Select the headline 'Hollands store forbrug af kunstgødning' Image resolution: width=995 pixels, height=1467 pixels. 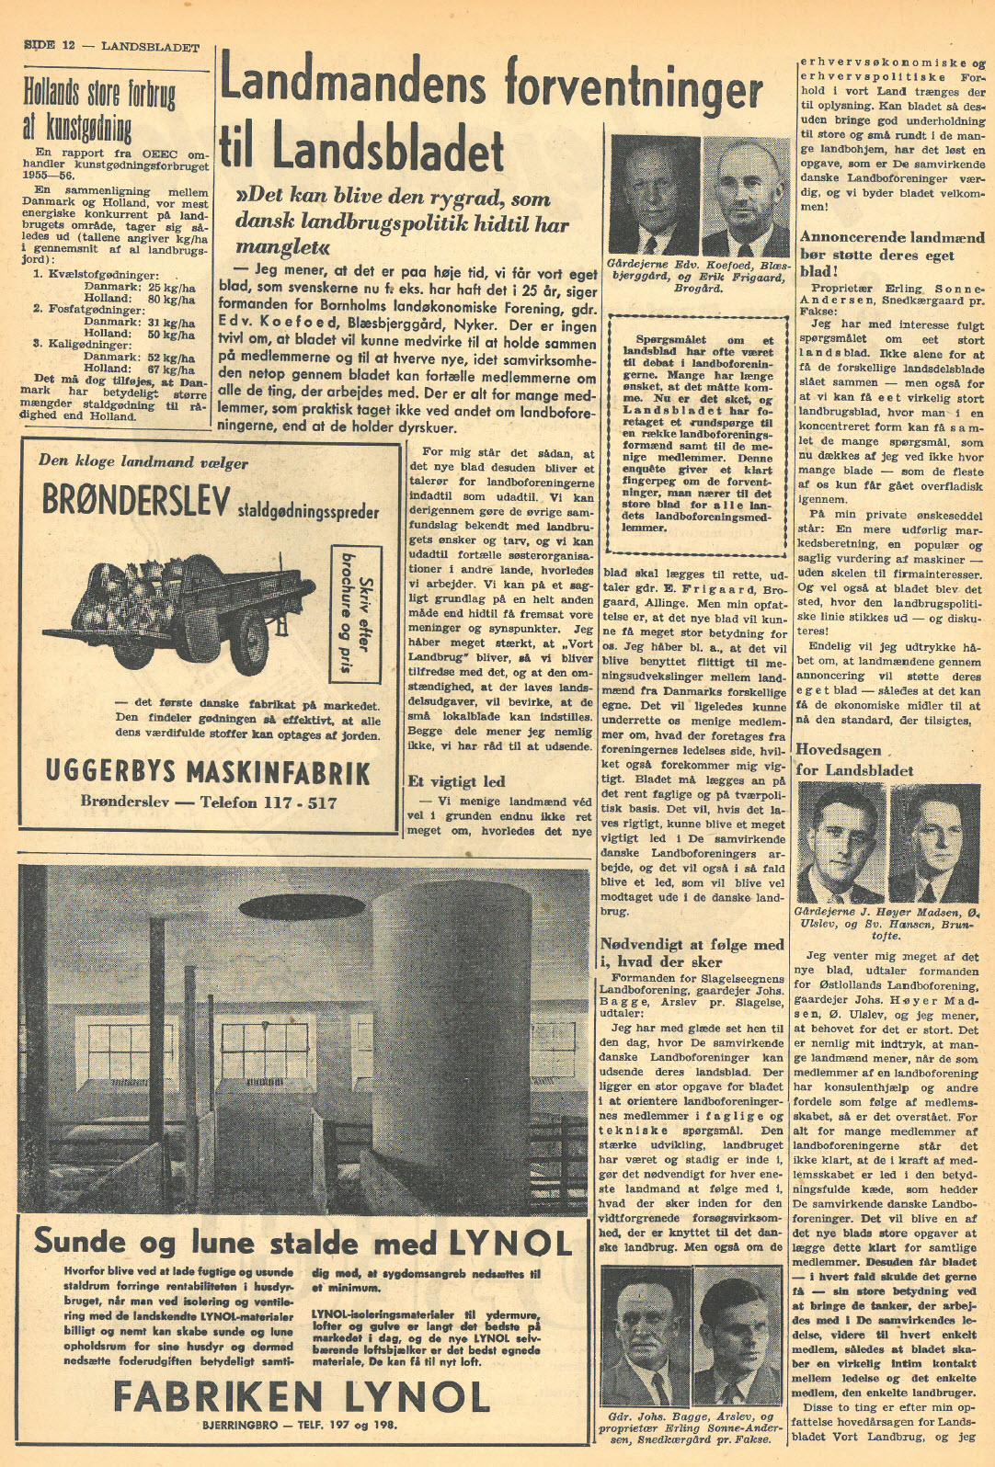pyautogui.click(x=99, y=108)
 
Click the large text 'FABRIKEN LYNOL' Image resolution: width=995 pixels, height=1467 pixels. pyautogui.click(x=301, y=1398)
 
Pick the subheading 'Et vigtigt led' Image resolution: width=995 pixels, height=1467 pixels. pyautogui.click(x=456, y=781)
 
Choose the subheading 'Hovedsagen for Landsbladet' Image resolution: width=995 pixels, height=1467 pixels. pyautogui.click(x=854, y=759)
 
